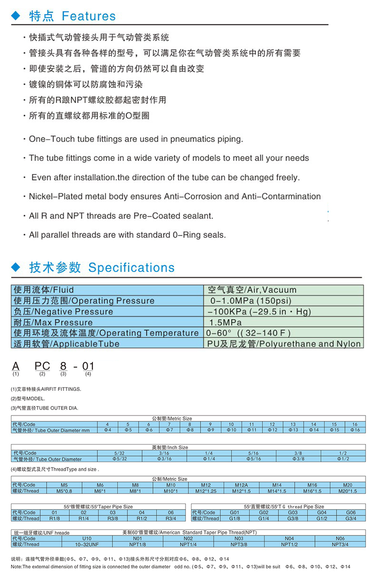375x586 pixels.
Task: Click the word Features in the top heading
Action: pyautogui.click(x=88, y=16)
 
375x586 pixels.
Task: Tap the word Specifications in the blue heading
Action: pyautogui.click(x=131, y=267)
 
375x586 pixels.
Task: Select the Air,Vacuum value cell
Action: pyautogui.click(x=252, y=290)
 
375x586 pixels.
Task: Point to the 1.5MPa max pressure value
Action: pyautogui.click(x=226, y=322)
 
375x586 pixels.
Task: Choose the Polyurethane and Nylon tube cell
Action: pyautogui.click(x=284, y=344)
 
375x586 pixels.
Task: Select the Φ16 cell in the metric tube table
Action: pyautogui.click(x=354, y=429)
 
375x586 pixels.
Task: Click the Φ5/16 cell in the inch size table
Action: pyautogui.click(x=254, y=458)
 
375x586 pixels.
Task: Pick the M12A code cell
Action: pyautogui.click(x=241, y=485)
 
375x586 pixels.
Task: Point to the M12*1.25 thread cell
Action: pyautogui.click(x=206, y=490)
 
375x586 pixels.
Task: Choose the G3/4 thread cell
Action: pyautogui.click(x=350, y=518)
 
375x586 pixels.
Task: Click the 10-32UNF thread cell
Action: pyautogui.click(x=86, y=544)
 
